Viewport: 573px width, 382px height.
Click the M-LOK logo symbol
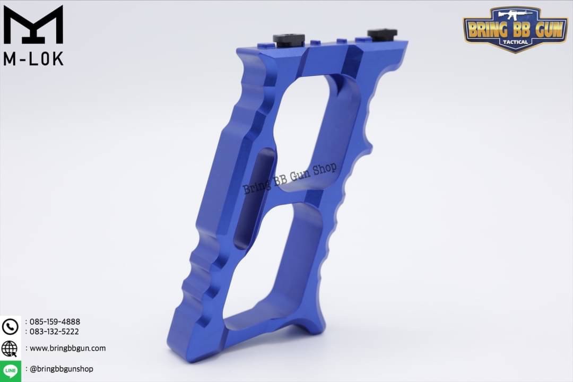(x=33, y=25)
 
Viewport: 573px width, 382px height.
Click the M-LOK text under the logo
(x=33, y=58)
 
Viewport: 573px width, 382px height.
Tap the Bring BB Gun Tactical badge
(x=515, y=29)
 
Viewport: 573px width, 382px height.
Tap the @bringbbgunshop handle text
(x=62, y=369)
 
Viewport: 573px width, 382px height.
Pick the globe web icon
(x=10, y=349)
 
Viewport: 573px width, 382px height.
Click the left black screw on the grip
(x=289, y=39)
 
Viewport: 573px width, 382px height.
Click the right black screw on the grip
(x=381, y=34)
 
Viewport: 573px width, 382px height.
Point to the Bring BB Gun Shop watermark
(x=290, y=179)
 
